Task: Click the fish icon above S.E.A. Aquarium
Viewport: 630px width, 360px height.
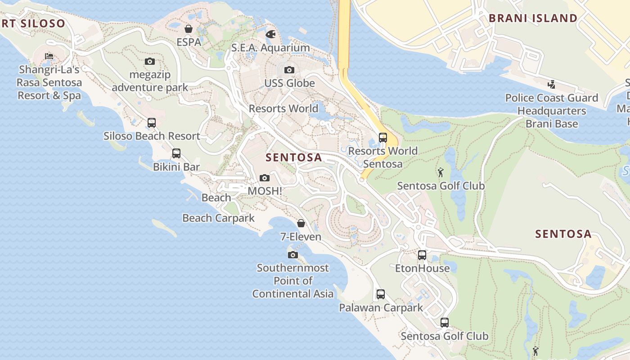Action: (270, 34)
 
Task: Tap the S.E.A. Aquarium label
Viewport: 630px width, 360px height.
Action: (270, 48)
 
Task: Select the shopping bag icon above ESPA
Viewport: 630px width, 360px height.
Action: (189, 29)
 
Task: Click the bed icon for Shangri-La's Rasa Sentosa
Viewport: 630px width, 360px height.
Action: (49, 56)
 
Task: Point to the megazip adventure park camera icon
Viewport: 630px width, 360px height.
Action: (150, 61)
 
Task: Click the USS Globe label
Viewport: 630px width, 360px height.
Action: (289, 83)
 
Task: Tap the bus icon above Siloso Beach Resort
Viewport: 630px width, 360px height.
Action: (152, 122)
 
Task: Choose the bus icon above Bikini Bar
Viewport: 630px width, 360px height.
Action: (176, 153)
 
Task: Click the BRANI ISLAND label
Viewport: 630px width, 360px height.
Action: (533, 18)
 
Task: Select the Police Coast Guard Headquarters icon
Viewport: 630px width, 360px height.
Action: (551, 84)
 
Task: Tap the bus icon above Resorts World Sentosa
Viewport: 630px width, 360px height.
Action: (383, 138)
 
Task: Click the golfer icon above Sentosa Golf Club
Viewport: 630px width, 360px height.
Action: (441, 172)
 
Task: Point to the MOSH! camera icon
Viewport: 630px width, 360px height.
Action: (265, 178)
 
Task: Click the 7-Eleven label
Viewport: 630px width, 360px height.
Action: (301, 237)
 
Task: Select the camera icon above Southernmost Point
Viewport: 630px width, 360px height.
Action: (293, 255)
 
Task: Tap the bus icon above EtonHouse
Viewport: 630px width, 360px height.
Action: (422, 255)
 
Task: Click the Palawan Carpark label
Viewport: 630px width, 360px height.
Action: (381, 308)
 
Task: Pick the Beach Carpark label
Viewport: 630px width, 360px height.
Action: (218, 218)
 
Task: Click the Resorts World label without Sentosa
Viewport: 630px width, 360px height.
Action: (283, 108)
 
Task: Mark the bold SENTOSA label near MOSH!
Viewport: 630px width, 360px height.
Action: (294, 157)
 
